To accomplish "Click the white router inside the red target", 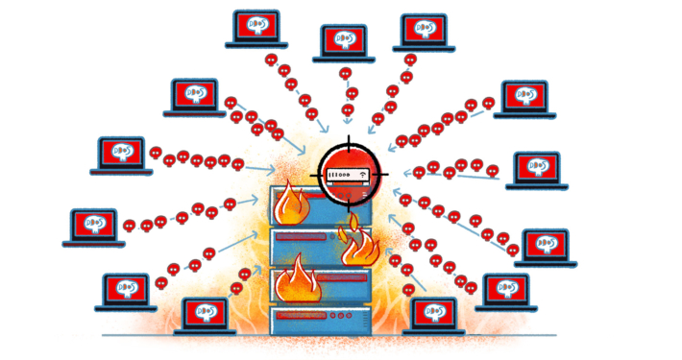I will click(x=348, y=176).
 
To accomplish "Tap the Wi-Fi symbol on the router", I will click(x=364, y=174).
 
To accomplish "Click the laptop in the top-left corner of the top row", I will click(x=255, y=30).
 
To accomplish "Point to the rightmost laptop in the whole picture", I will click(x=547, y=248).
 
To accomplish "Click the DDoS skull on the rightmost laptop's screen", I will click(x=547, y=243).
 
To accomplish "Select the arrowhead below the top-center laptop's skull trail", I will click(x=348, y=123).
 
